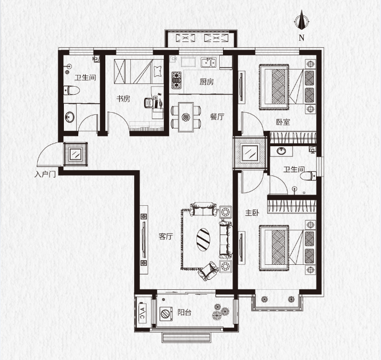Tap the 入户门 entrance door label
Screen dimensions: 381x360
coord(45,174)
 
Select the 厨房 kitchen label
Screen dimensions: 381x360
coord(206,82)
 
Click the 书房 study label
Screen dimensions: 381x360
coord(123,99)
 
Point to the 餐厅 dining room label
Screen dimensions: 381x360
coord(217,117)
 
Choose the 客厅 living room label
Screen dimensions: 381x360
coord(165,237)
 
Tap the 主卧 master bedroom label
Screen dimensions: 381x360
coord(252,213)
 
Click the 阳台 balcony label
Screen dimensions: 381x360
coord(184,313)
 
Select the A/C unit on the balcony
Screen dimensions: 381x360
coord(142,313)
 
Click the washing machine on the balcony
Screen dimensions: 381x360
coord(166,314)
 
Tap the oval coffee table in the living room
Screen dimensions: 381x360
coord(203,239)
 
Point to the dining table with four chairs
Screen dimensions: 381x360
coord(186,117)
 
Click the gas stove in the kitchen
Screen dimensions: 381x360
coord(177,79)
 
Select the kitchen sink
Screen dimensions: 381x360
coord(209,62)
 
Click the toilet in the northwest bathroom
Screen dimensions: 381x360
coord(71,91)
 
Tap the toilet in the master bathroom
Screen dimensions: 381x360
coord(308,175)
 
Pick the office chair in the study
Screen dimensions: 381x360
coord(149,103)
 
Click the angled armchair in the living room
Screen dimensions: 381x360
coord(208,271)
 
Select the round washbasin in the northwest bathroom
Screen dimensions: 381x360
coord(70,117)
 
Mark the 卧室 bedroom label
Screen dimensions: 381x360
coord(283,122)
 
